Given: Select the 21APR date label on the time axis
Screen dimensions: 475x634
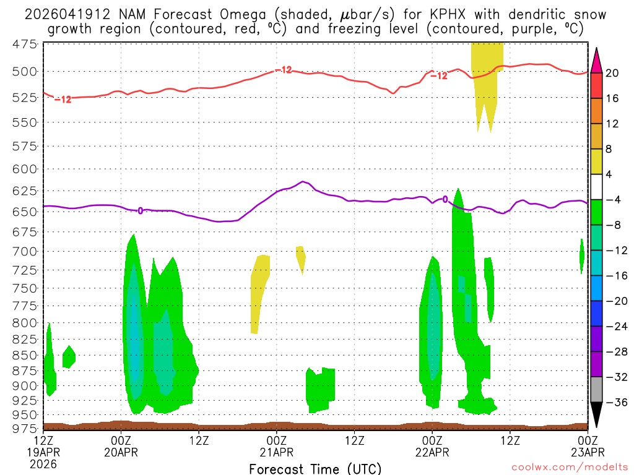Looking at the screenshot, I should (277, 451).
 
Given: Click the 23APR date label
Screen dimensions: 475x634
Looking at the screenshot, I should (588, 451).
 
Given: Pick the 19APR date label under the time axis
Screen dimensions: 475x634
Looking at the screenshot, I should (43, 451).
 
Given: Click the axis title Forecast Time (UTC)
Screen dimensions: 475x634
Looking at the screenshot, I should (315, 468).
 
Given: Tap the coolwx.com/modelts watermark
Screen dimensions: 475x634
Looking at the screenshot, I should (569, 469).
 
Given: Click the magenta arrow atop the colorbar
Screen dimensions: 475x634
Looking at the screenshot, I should (596, 60).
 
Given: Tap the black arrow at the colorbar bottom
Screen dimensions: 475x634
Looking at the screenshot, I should (596, 416).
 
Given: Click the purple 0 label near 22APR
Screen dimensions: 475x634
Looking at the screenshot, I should (445, 199).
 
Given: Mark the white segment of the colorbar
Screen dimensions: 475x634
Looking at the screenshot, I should (596, 187).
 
